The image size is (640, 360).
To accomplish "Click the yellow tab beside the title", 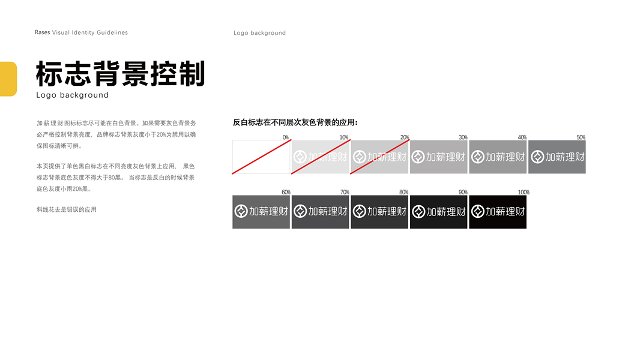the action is [8, 79].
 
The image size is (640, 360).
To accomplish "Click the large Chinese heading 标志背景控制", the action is [121, 74].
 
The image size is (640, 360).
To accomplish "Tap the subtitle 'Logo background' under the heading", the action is [73, 95].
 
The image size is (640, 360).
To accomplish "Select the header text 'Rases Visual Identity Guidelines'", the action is [81, 32].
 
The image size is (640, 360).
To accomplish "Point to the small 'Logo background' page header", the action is [259, 33].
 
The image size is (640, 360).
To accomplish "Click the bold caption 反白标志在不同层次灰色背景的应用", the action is [295, 122].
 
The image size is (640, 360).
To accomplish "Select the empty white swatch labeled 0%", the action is [261, 157].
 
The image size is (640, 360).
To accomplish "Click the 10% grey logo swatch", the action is [320, 157].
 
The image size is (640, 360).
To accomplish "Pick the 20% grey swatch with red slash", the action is [379, 157].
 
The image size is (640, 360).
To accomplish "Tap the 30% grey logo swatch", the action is [438, 157].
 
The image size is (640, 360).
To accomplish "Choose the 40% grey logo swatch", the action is [498, 157].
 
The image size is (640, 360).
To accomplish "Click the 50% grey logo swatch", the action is [557, 157].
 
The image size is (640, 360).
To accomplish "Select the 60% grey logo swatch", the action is [261, 212].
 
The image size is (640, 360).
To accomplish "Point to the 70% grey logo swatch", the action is [320, 212].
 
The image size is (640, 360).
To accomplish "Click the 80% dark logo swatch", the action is [379, 212].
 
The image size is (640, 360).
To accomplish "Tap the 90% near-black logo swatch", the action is [438, 212].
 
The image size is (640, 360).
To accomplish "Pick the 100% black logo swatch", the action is [498, 212].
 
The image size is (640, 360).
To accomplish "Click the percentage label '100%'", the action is [523, 193].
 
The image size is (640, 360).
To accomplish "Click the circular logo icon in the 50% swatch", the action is [538, 157].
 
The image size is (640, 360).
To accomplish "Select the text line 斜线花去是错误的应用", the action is [67, 210].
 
